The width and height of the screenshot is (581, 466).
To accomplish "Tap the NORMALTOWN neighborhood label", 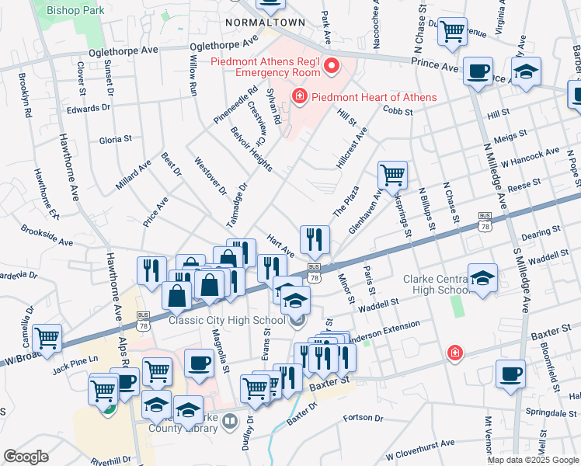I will (x=265, y=23).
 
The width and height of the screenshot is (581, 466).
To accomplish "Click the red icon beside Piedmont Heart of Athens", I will (x=297, y=96).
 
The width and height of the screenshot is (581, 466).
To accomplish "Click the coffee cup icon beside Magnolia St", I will (x=200, y=363).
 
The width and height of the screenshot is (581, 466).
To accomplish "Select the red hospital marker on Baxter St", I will (x=454, y=354).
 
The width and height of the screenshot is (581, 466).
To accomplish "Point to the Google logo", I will (x=26, y=456).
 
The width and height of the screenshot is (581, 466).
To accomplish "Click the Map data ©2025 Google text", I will (x=533, y=460).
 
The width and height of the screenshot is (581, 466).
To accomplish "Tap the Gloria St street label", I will (x=116, y=139).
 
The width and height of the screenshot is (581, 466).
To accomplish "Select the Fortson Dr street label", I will (x=364, y=418).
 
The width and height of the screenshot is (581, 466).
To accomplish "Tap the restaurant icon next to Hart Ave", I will (x=315, y=238).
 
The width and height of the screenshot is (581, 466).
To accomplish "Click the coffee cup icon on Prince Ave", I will (x=478, y=71).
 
